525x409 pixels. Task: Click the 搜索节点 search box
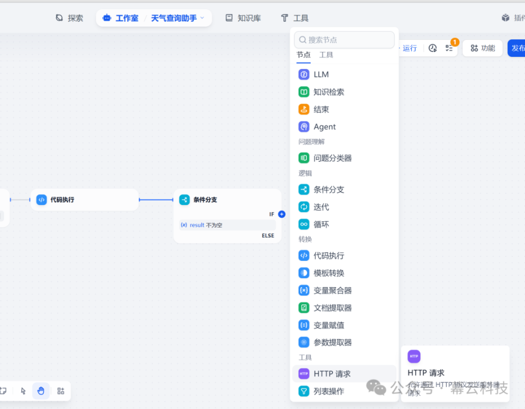(x=345, y=40)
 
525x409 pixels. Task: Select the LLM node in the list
(x=321, y=74)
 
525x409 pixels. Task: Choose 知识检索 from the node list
(x=329, y=92)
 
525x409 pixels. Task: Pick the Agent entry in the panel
(x=324, y=127)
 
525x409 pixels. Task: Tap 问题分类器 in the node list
(x=332, y=158)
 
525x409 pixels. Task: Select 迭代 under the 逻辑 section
(x=321, y=207)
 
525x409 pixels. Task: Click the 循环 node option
(x=321, y=224)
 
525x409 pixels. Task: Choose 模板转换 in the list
(x=329, y=273)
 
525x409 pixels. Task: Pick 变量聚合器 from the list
(x=332, y=290)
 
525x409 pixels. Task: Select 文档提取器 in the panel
(x=332, y=308)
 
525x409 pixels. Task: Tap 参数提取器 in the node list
(x=332, y=342)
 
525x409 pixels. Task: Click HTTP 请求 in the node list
(x=332, y=374)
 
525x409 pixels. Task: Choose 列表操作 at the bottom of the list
(x=329, y=391)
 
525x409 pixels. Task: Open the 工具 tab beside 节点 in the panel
(x=326, y=55)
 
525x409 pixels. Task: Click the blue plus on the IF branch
(x=282, y=214)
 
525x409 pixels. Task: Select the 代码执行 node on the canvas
(x=85, y=200)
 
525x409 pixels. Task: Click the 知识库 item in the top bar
(x=243, y=18)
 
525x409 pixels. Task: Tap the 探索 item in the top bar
(x=69, y=18)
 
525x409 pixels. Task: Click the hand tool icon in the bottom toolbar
(x=41, y=391)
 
